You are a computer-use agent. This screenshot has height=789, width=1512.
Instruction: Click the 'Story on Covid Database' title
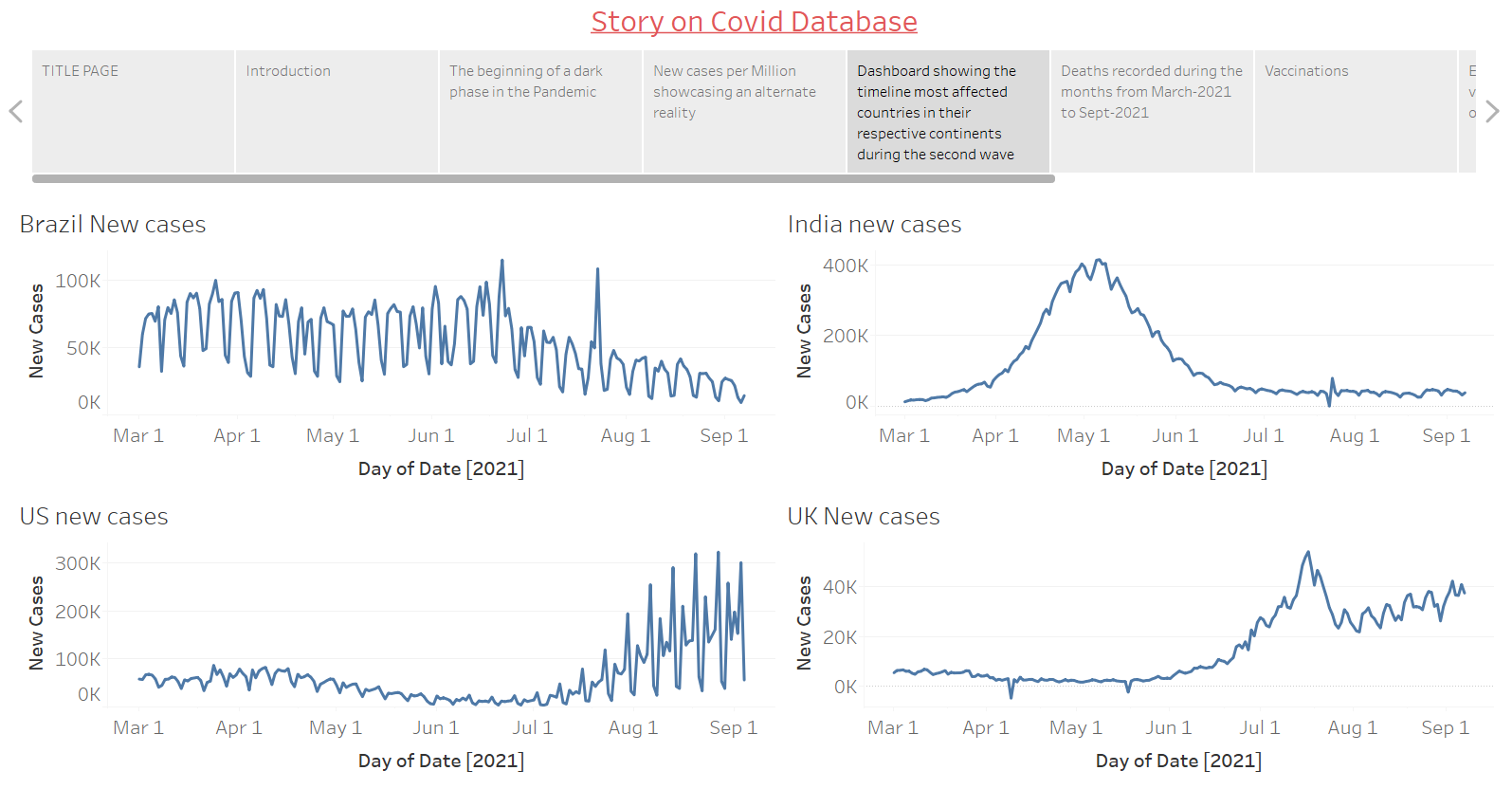[x=754, y=22]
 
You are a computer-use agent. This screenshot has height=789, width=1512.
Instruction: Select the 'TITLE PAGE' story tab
[x=133, y=111]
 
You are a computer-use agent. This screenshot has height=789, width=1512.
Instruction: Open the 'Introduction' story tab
[x=337, y=111]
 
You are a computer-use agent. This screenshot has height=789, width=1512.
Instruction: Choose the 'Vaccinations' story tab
[x=1355, y=111]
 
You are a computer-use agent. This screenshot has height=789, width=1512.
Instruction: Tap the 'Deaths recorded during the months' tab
[x=1152, y=111]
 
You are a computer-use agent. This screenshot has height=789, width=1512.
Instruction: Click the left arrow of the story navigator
[x=15, y=112]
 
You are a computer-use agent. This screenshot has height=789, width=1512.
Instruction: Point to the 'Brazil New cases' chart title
[x=113, y=225]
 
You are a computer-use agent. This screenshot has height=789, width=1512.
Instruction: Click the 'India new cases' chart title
[x=874, y=225]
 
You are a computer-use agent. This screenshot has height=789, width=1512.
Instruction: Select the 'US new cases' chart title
[x=94, y=517]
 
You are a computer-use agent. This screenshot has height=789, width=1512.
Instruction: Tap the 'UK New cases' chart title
[x=864, y=517]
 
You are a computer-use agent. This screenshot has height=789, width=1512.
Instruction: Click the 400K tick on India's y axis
[x=846, y=266]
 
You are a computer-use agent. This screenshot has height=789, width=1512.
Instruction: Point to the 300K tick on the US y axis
[x=78, y=563]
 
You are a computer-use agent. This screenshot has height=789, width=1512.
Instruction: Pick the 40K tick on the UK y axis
[x=840, y=587]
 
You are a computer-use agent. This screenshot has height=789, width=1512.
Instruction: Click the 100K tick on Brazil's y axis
[x=78, y=282]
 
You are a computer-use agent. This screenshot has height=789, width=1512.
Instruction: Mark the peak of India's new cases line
[x=1099, y=260]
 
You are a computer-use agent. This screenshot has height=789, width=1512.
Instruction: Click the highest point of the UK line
[x=1308, y=552]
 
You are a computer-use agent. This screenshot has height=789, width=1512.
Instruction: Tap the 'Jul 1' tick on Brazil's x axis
[x=527, y=436]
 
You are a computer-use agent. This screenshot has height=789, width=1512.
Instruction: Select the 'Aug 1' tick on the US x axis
[x=632, y=728]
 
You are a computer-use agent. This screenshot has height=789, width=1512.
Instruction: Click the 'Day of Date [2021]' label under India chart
[x=1184, y=468]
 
